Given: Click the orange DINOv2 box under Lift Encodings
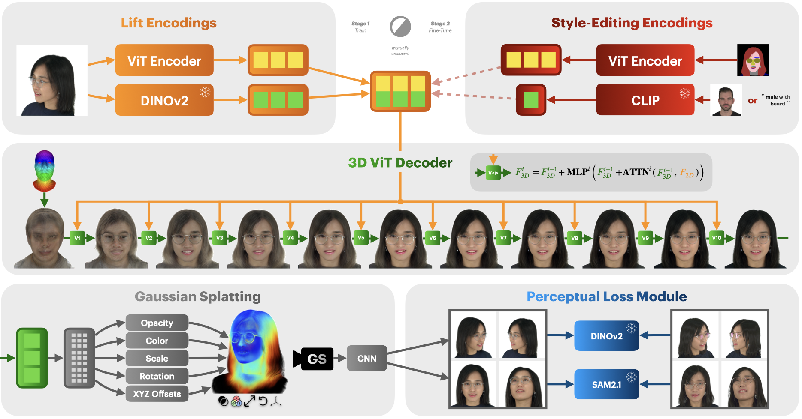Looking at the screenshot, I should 164,100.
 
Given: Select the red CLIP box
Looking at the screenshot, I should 645,100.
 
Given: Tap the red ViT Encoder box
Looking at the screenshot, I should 645,60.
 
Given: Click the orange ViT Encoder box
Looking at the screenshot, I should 164,60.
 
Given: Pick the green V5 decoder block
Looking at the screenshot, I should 361,238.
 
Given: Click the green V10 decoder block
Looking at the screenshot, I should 716,238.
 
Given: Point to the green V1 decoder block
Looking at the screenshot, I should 77,238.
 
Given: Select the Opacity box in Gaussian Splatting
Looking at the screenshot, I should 157,323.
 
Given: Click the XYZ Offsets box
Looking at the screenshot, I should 157,394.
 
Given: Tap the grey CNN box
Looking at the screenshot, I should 367,358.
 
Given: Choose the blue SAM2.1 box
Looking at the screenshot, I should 606,384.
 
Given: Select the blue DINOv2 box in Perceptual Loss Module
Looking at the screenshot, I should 606,336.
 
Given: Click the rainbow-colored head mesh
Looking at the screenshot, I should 44,171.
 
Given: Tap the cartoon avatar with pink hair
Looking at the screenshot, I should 753,60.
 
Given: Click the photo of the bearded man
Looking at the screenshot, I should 726,100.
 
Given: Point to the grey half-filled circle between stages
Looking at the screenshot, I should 400,27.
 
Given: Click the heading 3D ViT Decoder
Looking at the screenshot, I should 400,163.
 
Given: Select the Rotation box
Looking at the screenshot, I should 157,376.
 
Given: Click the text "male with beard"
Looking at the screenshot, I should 777,100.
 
